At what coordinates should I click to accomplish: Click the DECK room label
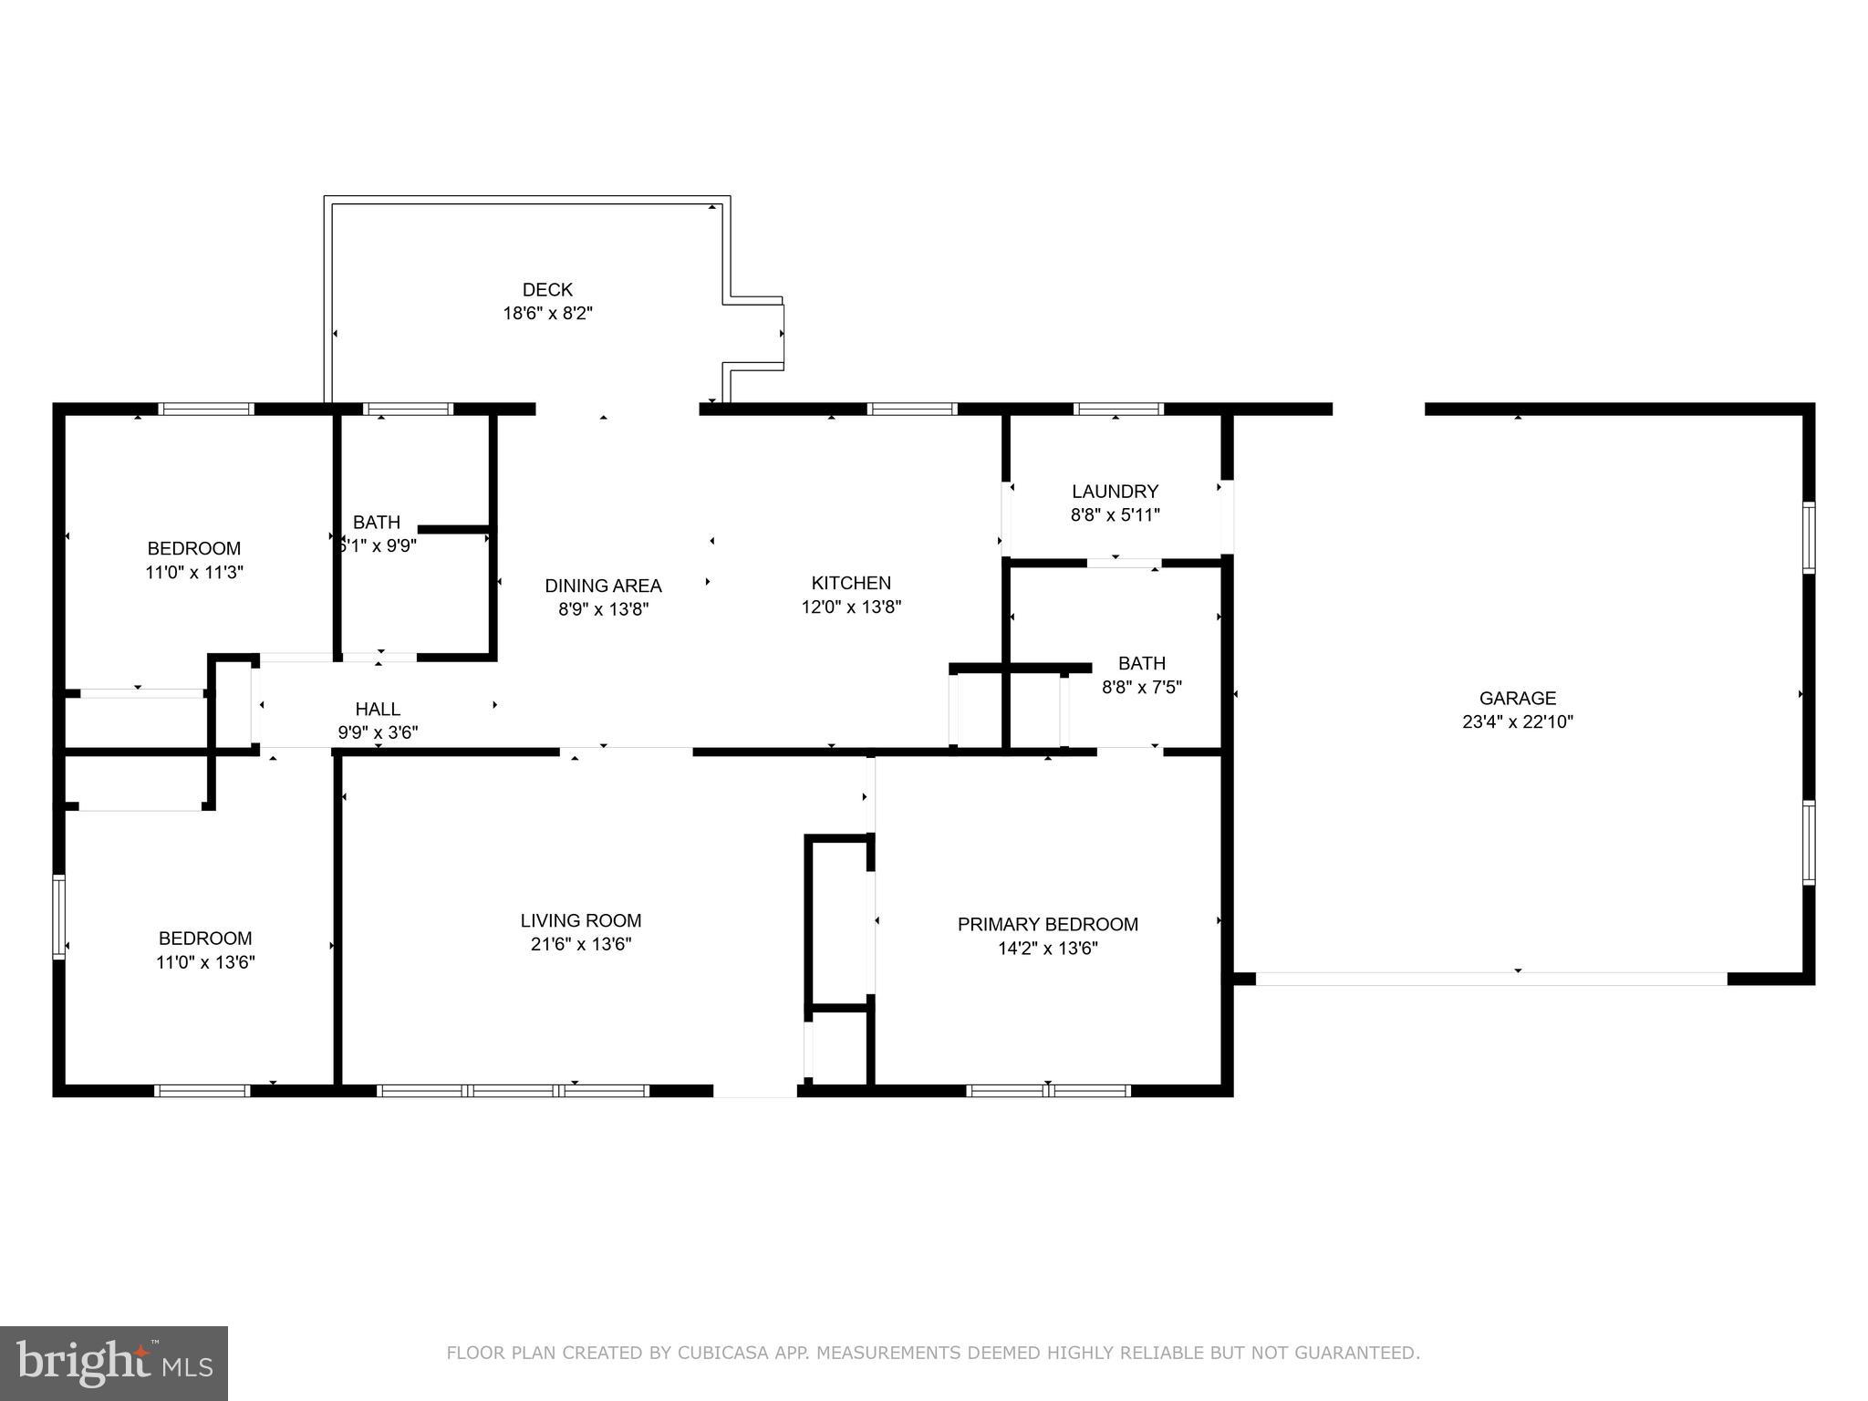point(547,290)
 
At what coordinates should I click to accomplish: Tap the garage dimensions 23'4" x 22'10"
point(1518,722)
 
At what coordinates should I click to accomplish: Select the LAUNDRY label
point(1115,492)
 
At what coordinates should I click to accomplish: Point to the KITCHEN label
point(851,583)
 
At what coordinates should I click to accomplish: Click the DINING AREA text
point(603,586)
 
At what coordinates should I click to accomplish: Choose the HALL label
point(378,709)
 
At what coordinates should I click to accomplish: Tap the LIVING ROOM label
point(581,920)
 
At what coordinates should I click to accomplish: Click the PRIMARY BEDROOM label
point(1047,924)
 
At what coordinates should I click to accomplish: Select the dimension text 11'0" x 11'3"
point(194,573)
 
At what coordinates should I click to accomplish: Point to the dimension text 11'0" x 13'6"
point(205,962)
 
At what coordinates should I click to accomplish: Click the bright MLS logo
point(113,1364)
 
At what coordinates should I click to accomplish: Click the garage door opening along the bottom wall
point(1491,979)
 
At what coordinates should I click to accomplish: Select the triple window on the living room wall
point(513,1090)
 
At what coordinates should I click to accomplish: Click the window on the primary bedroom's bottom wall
point(1048,1090)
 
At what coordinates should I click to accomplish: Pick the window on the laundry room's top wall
point(1118,409)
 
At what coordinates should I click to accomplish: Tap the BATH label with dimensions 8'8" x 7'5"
point(1142,663)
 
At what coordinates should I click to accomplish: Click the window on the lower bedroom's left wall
point(59,916)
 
